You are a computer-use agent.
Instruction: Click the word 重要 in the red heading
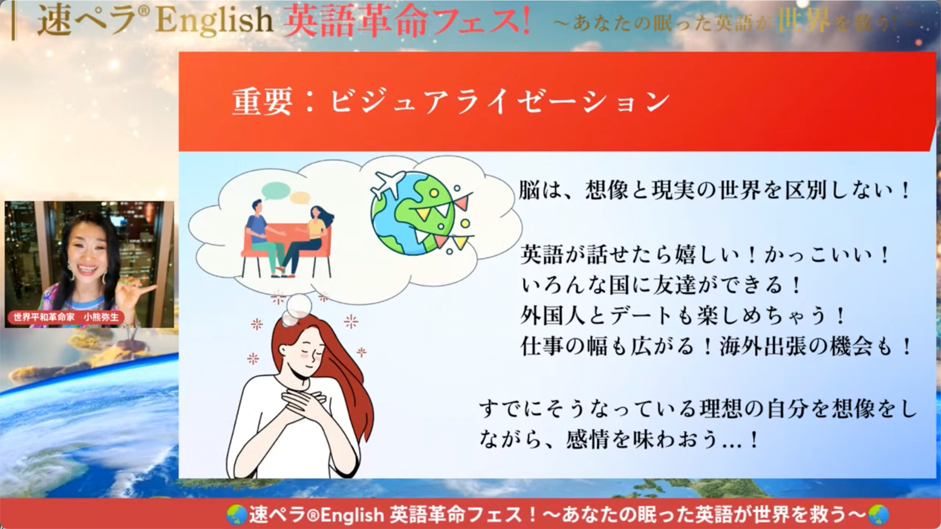tap(262, 102)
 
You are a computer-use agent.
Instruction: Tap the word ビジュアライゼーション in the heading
tap(499, 102)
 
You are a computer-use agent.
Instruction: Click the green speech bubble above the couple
tap(276, 190)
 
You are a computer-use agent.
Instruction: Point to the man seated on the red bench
tap(264, 235)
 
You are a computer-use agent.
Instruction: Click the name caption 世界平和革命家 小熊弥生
tap(66, 317)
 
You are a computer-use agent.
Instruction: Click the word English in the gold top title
tap(214, 22)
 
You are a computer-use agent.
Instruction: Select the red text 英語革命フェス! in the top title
tap(407, 22)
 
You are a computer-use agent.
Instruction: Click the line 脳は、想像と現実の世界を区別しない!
tap(715, 190)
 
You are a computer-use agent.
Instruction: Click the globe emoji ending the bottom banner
tap(877, 514)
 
